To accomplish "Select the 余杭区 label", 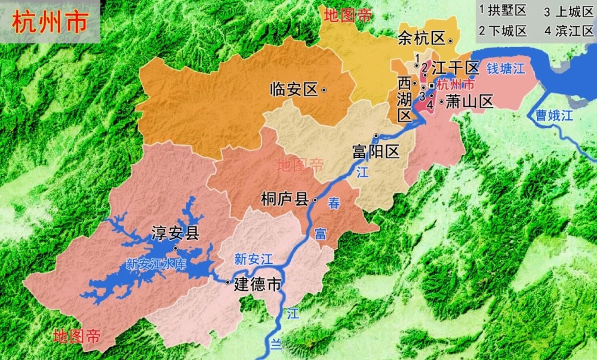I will click(421, 39).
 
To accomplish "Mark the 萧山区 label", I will click(470, 102).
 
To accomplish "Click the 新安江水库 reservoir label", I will click(158, 264).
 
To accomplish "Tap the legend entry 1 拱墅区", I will click(502, 11).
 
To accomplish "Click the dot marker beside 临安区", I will click(324, 90).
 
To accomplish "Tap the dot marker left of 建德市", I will click(228, 282).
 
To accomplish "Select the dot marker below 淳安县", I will click(176, 248).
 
